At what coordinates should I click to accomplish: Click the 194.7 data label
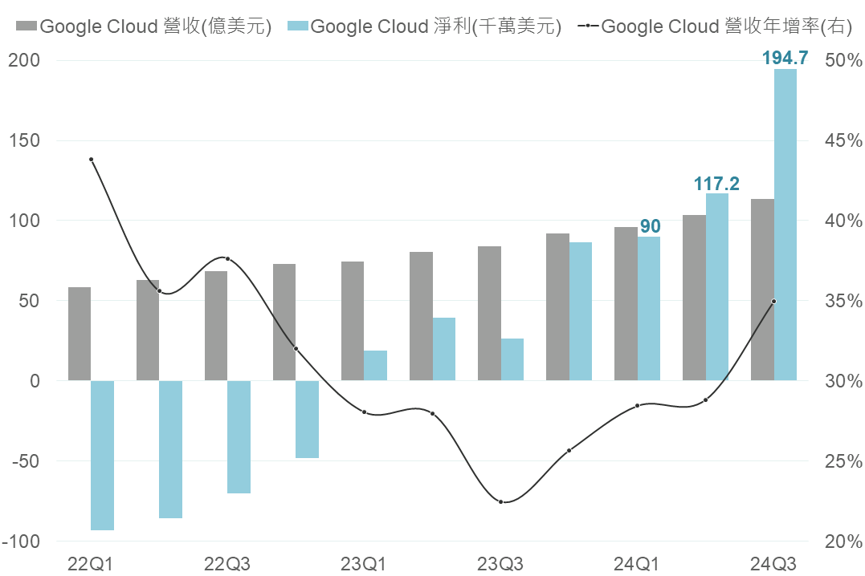(x=784, y=58)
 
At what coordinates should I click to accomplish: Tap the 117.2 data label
(x=716, y=184)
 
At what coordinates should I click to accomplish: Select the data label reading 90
(x=650, y=226)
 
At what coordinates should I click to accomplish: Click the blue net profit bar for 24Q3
(x=785, y=225)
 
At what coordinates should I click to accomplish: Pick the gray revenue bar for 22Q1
(x=80, y=334)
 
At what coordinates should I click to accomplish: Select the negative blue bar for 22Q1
(x=102, y=455)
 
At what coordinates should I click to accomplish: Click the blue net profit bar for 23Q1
(x=375, y=366)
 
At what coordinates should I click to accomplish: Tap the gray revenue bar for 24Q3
(x=762, y=290)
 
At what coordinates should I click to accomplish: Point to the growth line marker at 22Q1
(x=92, y=159)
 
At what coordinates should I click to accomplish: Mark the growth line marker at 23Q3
(x=501, y=502)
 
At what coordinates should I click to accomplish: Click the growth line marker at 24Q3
(x=773, y=302)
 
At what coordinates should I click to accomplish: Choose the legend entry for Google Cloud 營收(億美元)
(x=145, y=26)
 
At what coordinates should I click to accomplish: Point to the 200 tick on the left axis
(x=25, y=60)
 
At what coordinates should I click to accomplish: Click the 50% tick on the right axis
(x=843, y=60)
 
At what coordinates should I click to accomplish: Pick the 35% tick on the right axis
(x=843, y=301)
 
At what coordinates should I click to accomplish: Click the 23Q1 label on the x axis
(x=364, y=563)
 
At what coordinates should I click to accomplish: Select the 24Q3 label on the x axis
(x=773, y=563)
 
